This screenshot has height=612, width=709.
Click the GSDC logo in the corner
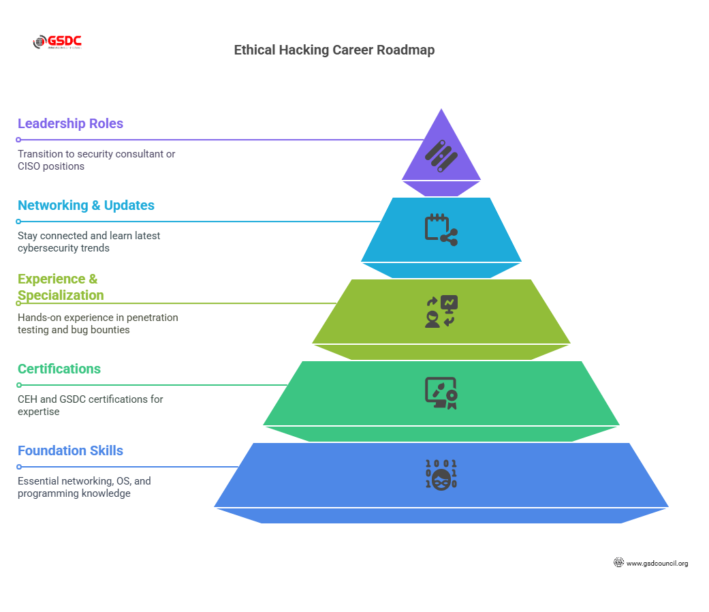point(57,42)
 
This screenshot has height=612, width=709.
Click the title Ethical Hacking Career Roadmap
point(334,50)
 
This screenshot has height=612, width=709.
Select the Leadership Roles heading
point(70,123)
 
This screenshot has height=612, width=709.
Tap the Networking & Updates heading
point(86,205)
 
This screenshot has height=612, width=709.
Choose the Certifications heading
point(59,369)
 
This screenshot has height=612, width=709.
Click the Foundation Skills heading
point(70,450)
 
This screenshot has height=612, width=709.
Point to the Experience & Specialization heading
point(61,287)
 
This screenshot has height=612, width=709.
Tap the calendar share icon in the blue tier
point(441,230)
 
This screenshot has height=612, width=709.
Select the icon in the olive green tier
point(441,311)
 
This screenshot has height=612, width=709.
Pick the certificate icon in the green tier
point(441,393)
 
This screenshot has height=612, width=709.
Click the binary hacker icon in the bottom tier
point(441,475)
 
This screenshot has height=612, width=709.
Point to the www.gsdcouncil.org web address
point(657,564)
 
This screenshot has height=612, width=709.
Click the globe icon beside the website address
point(618,563)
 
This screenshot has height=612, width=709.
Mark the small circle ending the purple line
point(19,140)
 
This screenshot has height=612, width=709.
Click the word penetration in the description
point(153,318)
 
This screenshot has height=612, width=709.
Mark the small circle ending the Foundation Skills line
point(19,467)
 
